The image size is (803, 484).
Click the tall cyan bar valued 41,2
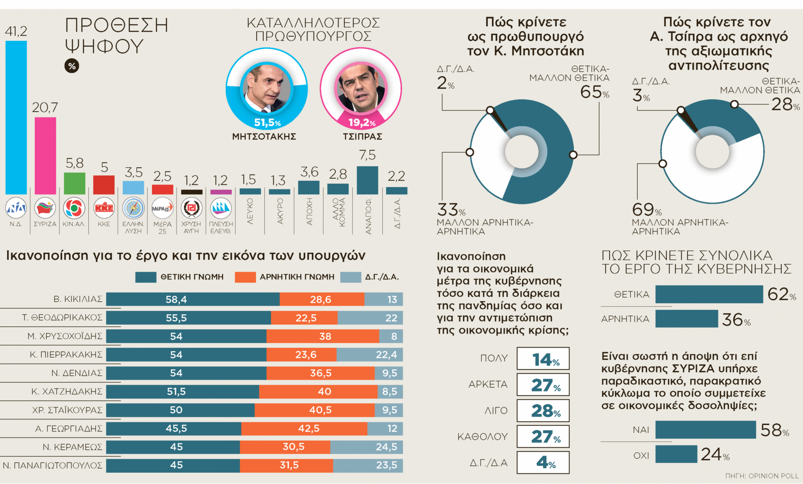point(16,117)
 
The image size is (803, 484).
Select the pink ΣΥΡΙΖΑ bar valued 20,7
point(45,156)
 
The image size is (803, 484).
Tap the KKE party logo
point(104,208)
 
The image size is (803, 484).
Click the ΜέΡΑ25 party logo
point(162,208)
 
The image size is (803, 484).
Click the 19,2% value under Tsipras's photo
point(362,123)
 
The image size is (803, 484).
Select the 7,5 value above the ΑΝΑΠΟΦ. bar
point(367,155)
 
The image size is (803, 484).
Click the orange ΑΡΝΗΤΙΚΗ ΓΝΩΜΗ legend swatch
point(245,277)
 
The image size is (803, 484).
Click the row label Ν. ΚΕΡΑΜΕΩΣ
point(72,447)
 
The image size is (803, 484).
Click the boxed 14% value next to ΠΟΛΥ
point(543,359)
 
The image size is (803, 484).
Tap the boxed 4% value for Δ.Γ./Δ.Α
point(543,462)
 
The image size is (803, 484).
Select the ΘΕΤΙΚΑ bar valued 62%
point(709,294)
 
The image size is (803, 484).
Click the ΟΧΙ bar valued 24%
point(676,454)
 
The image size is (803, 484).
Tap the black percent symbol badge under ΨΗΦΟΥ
point(72,66)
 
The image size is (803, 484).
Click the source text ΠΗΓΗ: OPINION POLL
point(762,476)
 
